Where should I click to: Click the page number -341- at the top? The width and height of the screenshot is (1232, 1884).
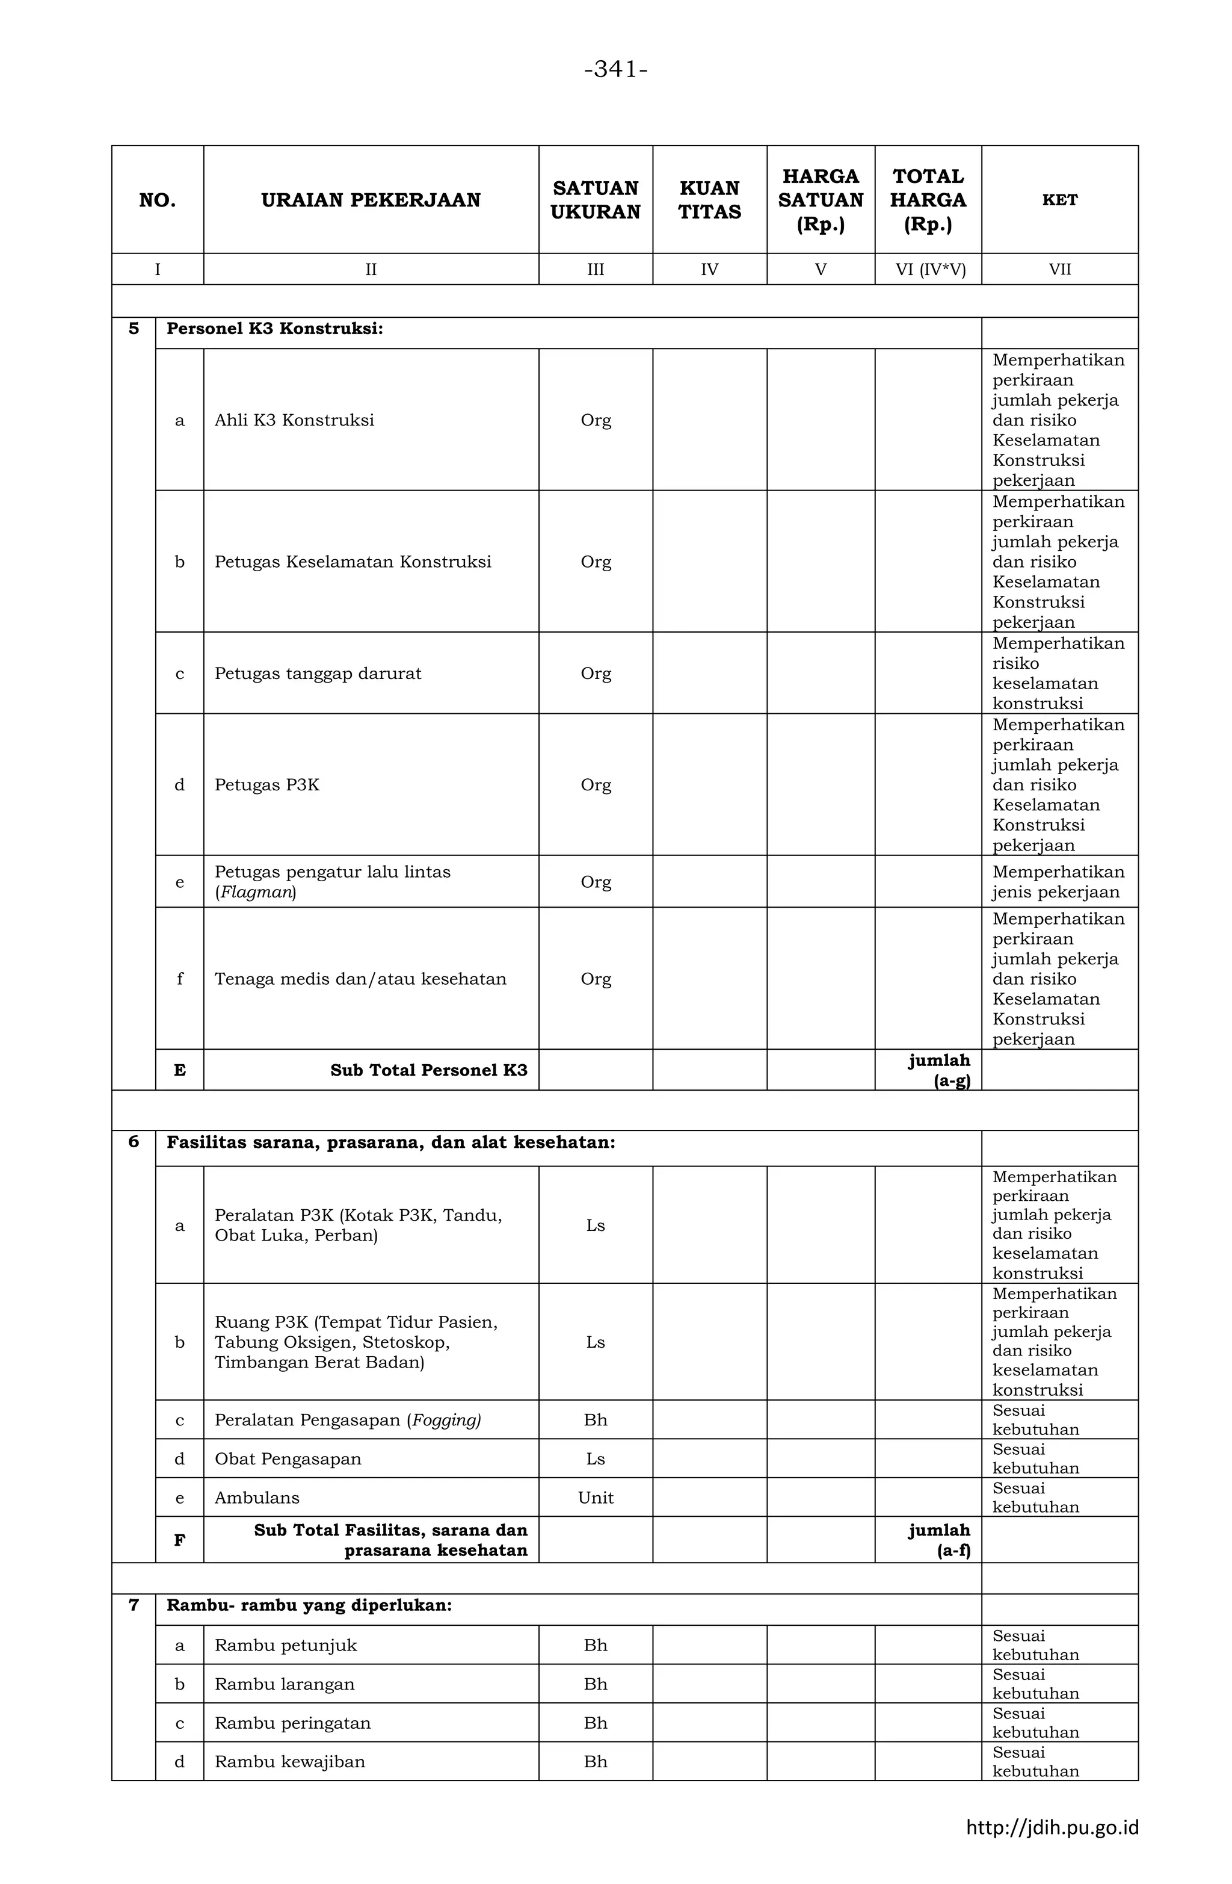tap(615, 70)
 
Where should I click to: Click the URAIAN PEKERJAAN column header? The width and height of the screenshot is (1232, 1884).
tap(371, 200)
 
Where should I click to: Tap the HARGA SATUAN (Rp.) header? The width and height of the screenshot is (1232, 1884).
tap(820, 200)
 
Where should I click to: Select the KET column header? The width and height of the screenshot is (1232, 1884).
tap(1059, 200)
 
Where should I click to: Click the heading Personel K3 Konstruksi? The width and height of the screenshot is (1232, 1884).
tap(274, 329)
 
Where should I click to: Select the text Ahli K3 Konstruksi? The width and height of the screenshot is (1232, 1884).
tap(294, 420)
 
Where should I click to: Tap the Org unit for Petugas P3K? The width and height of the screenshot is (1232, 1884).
tap(595, 786)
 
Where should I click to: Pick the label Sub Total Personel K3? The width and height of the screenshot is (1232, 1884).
tap(428, 1071)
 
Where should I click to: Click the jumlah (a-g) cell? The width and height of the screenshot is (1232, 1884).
tap(938, 1071)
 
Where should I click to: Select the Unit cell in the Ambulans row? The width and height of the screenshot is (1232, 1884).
tap(595, 1498)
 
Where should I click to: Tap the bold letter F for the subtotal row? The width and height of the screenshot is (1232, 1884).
tap(180, 1540)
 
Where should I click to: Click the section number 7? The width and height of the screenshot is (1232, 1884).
tap(134, 1605)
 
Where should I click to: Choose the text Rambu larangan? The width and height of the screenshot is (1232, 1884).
tap(284, 1685)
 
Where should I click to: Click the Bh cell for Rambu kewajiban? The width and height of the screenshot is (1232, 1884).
tap(595, 1762)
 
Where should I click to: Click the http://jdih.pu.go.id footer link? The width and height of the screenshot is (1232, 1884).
tap(1052, 1828)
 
